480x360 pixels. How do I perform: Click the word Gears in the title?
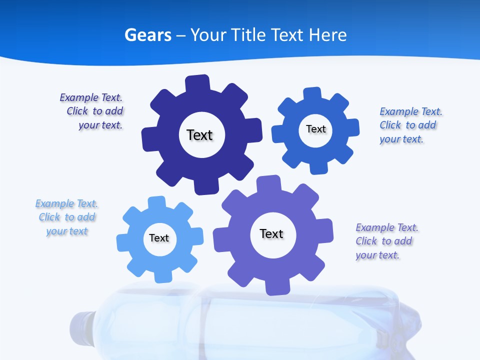pyautogui.click(x=148, y=35)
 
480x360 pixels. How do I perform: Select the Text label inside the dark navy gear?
pyautogui.click(x=199, y=135)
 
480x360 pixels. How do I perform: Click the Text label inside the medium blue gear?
pyautogui.click(x=315, y=129)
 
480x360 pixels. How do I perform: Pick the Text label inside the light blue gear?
pyautogui.click(x=159, y=238)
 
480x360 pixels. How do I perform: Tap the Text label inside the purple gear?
pyautogui.click(x=271, y=233)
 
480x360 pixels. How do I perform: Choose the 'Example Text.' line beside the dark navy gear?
pyautogui.click(x=91, y=97)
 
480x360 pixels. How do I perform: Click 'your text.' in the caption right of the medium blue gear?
pyautogui.click(x=401, y=139)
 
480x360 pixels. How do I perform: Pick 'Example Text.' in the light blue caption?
pyautogui.click(x=66, y=203)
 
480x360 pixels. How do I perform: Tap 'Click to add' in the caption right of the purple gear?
pyautogui.click(x=384, y=241)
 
